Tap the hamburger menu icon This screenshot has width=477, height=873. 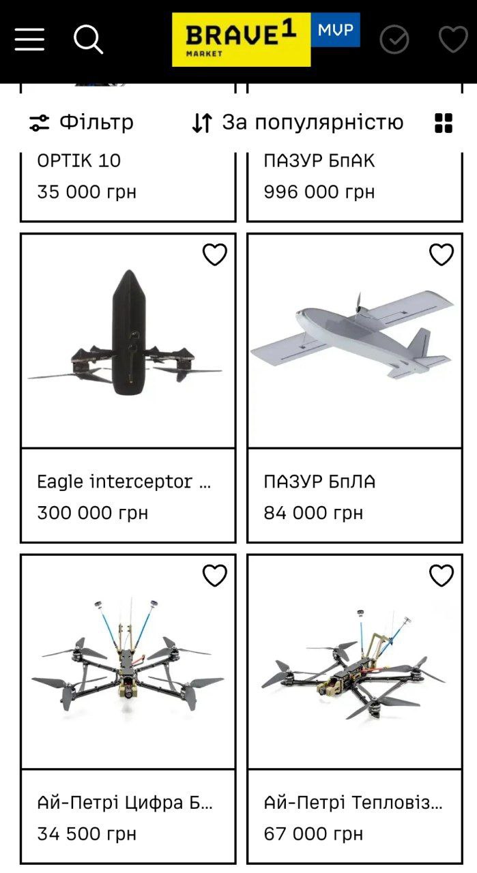[29, 40]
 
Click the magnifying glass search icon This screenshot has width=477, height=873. [88, 39]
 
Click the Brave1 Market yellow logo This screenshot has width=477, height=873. [242, 40]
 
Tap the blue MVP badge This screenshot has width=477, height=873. [336, 29]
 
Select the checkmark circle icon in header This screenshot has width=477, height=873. [394, 40]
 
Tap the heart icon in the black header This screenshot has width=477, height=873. [453, 39]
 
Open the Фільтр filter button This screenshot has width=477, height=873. [81, 122]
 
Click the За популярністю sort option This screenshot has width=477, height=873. [298, 122]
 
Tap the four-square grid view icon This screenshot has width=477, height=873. [444, 123]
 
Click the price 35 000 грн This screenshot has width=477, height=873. [87, 192]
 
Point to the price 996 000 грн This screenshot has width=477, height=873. [319, 192]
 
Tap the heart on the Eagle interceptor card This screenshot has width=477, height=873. [215, 254]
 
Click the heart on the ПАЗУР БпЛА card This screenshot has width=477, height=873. [442, 254]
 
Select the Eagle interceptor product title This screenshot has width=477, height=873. [124, 482]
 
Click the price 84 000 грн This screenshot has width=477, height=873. [313, 513]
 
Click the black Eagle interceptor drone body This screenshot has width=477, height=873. [130, 332]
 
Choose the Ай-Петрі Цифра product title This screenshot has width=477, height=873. [125, 803]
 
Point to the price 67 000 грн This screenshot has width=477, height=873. [313, 834]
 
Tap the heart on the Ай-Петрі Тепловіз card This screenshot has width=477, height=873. [442, 575]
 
